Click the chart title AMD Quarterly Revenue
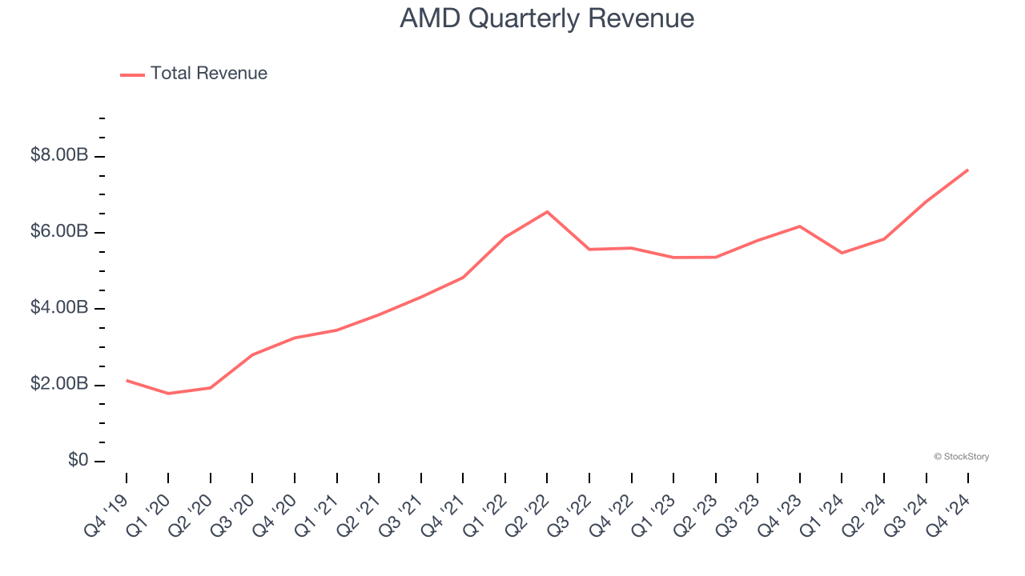click(x=547, y=18)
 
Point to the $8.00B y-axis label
click(x=59, y=155)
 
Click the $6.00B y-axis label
click(x=59, y=231)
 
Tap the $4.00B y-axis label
click(x=59, y=308)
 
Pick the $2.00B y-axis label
click(x=59, y=384)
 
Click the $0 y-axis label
click(x=77, y=461)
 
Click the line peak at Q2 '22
click(x=547, y=212)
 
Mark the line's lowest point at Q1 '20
click(x=168, y=394)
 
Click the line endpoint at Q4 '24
click(x=967, y=170)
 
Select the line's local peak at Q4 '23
click(x=799, y=226)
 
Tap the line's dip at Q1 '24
click(x=842, y=253)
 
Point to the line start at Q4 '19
click(x=127, y=380)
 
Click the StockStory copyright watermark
click(x=961, y=457)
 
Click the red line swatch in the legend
click(x=132, y=74)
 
